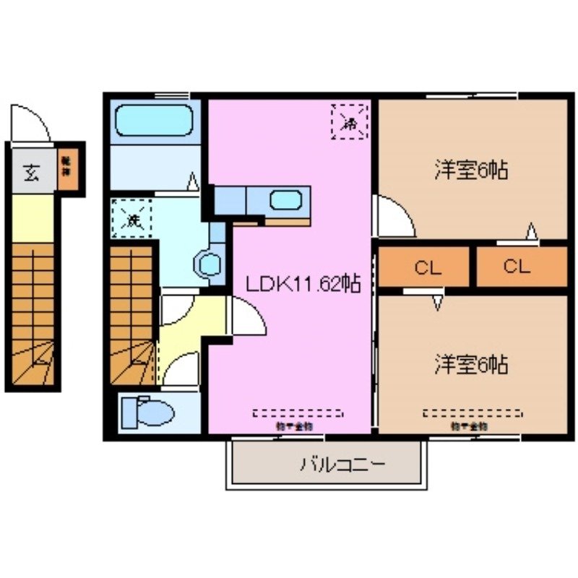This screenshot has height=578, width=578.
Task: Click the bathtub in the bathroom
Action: [154, 119]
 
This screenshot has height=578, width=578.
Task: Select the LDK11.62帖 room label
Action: [303, 284]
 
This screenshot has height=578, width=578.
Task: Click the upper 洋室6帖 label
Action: [470, 171]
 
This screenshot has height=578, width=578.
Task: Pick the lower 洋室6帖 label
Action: [470, 364]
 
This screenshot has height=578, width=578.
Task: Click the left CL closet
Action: [427, 267]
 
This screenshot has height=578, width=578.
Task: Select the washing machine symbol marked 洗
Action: [131, 217]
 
